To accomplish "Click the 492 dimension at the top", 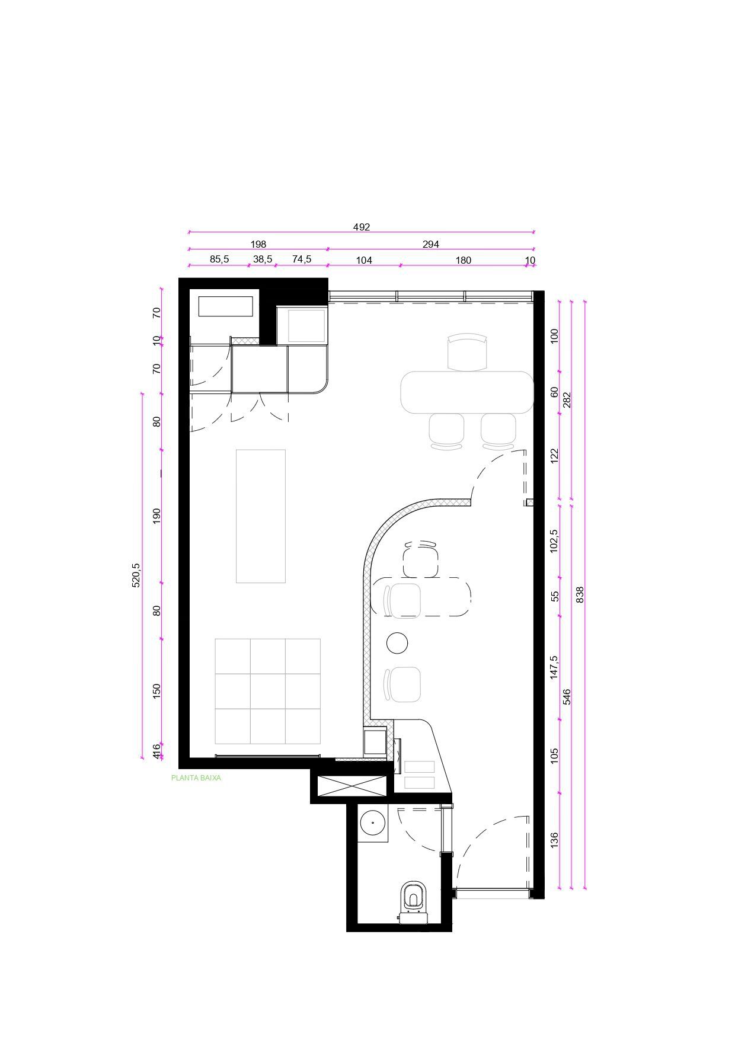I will (x=361, y=227).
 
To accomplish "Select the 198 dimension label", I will (x=258, y=244).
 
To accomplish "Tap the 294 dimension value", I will (x=430, y=244).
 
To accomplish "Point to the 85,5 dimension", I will (x=219, y=260).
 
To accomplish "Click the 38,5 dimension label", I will (x=263, y=260).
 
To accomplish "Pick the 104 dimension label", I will (x=363, y=260).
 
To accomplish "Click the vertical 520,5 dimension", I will (x=136, y=575).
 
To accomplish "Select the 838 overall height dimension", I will (x=580, y=594).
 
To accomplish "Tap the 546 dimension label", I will (x=567, y=696).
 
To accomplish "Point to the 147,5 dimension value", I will (x=554, y=667).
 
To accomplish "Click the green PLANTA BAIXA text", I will (x=196, y=778).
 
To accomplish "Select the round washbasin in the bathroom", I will (x=373, y=823).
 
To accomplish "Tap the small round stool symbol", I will (x=397, y=643).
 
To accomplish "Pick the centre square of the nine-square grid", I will (x=267, y=691).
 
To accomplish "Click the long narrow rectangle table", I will (x=261, y=516).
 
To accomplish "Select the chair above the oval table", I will (x=467, y=353).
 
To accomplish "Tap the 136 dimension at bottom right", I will (x=554, y=840).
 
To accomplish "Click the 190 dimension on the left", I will (x=156, y=514).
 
